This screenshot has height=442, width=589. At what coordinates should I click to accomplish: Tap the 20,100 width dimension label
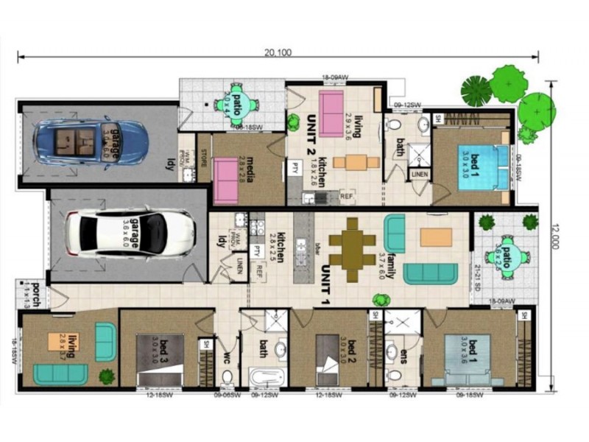coord(278,51)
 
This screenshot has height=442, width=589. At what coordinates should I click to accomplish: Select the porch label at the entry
coord(31,291)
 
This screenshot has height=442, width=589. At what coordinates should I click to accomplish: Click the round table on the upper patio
coord(240,102)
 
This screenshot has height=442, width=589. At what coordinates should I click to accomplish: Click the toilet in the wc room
coord(227,377)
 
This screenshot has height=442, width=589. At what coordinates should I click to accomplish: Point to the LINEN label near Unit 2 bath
coord(419,174)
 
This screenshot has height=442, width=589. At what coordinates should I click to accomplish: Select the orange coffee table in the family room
coord(436,236)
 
